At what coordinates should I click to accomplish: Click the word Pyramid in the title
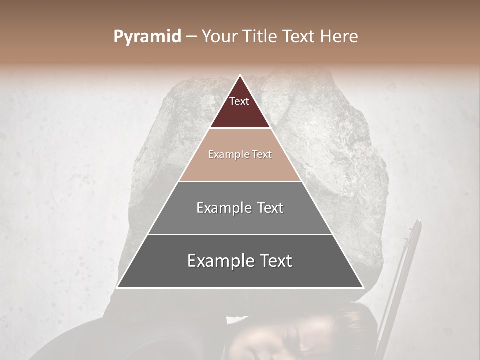tap(147, 37)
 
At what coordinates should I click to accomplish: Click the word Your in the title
tap(220, 37)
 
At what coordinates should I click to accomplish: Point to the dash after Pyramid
tap(191, 37)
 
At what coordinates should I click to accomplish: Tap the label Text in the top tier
tap(239, 101)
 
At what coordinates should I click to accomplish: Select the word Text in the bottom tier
tap(274, 261)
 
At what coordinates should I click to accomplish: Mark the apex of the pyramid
tap(240, 76)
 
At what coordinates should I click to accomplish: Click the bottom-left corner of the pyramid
tap(117, 287)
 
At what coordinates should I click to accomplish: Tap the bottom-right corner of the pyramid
tap(363, 287)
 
